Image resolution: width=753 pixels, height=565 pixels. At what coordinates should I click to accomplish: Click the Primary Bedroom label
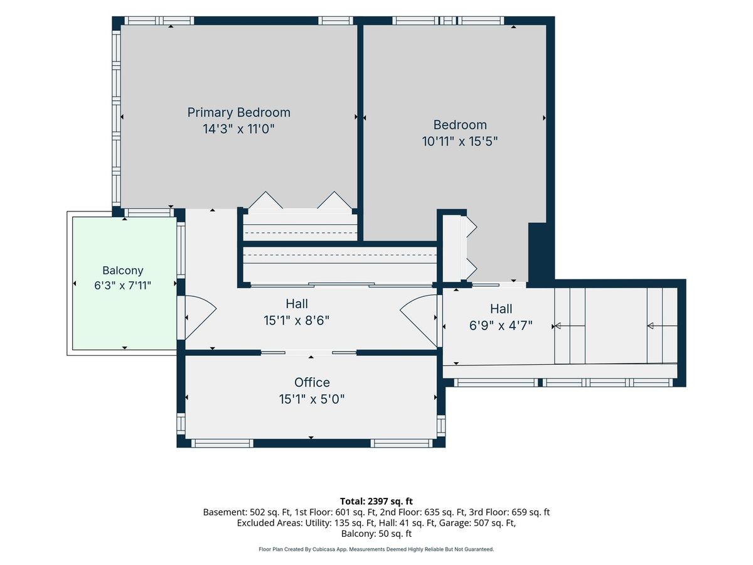coord(239,112)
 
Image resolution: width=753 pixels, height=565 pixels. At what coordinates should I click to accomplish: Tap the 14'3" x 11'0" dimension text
coord(239,129)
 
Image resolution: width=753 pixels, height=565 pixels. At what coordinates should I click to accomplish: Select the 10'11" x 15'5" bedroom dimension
coord(460,141)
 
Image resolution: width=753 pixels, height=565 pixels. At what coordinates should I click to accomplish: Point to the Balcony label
coord(123,271)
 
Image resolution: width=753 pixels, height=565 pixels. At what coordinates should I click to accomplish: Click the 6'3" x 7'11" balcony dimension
coord(123,286)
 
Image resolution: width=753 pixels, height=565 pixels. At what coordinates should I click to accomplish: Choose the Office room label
coord(312,382)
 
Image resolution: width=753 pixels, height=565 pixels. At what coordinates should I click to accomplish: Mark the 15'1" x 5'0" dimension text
coord(312,399)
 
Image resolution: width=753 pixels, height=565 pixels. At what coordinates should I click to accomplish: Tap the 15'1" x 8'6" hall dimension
coord(296,321)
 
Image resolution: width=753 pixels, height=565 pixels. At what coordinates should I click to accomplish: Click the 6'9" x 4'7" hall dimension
coord(501,326)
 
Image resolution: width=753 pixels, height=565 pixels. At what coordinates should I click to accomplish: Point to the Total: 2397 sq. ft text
coord(376,501)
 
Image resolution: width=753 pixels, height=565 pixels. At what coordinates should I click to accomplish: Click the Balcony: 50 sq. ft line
coord(376,534)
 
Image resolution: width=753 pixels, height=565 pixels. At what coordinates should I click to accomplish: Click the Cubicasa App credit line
coord(376,549)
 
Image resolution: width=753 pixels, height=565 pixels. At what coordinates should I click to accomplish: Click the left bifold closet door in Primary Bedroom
coord(265,200)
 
